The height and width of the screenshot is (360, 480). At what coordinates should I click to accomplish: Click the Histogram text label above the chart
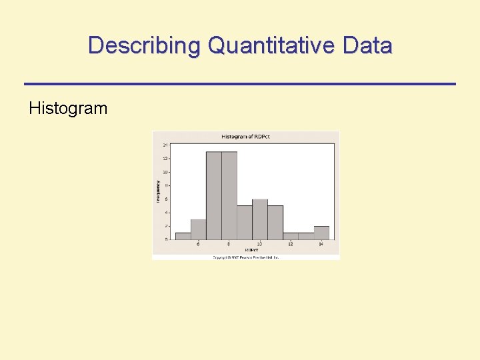(x=68, y=108)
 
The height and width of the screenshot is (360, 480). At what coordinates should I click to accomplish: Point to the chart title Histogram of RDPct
(x=245, y=137)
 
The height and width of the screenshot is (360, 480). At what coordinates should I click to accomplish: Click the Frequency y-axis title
(x=159, y=191)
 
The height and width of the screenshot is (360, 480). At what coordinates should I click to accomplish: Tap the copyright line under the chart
(x=245, y=257)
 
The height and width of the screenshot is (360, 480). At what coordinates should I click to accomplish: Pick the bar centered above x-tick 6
(x=198, y=229)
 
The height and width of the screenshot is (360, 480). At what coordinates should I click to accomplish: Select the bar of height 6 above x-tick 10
(x=260, y=219)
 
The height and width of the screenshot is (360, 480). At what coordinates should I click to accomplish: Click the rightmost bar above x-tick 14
(x=321, y=233)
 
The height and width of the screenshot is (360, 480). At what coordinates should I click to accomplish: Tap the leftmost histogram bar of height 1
(x=183, y=236)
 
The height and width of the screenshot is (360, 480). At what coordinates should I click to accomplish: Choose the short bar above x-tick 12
(x=291, y=236)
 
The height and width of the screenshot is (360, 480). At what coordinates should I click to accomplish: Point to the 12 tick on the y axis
(x=165, y=158)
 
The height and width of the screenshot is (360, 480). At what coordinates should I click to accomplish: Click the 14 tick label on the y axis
(x=165, y=145)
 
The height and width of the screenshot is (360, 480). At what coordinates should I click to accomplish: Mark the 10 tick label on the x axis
(x=260, y=245)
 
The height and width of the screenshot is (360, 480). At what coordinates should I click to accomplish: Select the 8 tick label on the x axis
(x=229, y=245)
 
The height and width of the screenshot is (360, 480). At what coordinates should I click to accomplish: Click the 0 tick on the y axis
(x=166, y=239)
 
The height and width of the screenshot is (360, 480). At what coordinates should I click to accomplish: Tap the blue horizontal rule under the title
(x=240, y=83)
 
